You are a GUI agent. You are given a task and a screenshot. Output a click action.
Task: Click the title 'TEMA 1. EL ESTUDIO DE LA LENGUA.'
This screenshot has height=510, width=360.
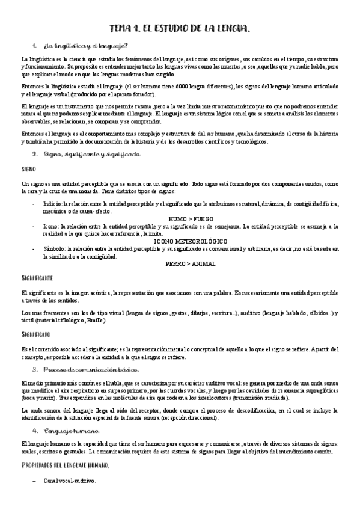[180, 28]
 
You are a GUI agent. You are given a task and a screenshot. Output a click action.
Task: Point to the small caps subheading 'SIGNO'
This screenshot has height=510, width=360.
[28, 169]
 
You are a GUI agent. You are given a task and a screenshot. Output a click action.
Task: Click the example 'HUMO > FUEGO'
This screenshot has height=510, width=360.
[190, 218]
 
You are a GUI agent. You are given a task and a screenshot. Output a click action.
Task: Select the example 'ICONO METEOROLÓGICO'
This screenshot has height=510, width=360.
[191, 241]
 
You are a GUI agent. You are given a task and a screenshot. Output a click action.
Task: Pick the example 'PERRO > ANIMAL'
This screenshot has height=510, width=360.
[191, 263]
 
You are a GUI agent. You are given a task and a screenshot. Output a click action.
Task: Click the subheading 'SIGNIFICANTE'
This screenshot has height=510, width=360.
[37, 278]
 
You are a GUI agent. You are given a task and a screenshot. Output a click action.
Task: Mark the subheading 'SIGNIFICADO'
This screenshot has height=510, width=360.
[35, 334]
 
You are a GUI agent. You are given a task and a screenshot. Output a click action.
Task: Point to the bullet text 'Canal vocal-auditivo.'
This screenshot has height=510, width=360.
[69, 481]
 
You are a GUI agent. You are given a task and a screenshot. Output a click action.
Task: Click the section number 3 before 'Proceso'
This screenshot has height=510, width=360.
[35, 369]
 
